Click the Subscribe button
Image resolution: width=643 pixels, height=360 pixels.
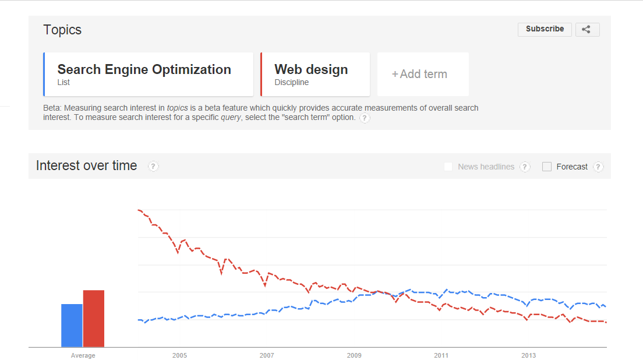coord(545,29)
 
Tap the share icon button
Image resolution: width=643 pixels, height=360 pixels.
coord(587,30)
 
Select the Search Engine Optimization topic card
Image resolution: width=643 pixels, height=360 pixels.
coord(149,74)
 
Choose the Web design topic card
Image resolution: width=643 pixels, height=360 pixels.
coord(315,74)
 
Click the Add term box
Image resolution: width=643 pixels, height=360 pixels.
coord(423,74)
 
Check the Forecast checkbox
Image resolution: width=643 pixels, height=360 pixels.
coord(547,167)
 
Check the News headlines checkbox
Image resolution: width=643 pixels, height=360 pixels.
coord(448,167)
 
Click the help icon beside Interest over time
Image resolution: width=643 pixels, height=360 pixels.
coord(153,167)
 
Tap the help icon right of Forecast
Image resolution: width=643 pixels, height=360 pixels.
coord(598,167)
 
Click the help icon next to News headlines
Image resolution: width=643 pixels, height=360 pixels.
coord(525,167)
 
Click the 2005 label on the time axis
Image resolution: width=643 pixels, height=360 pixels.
coord(179,355)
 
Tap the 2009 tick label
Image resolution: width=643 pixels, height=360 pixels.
coord(354,355)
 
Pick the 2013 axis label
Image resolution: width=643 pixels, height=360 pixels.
coord(528,355)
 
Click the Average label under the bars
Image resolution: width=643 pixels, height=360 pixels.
coord(83,355)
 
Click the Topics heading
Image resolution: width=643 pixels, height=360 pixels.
coord(62,30)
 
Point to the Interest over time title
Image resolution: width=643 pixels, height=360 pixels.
coord(86,165)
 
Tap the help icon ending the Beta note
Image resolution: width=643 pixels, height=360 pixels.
coord(365,118)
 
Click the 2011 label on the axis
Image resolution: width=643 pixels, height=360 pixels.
coord(441,355)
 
